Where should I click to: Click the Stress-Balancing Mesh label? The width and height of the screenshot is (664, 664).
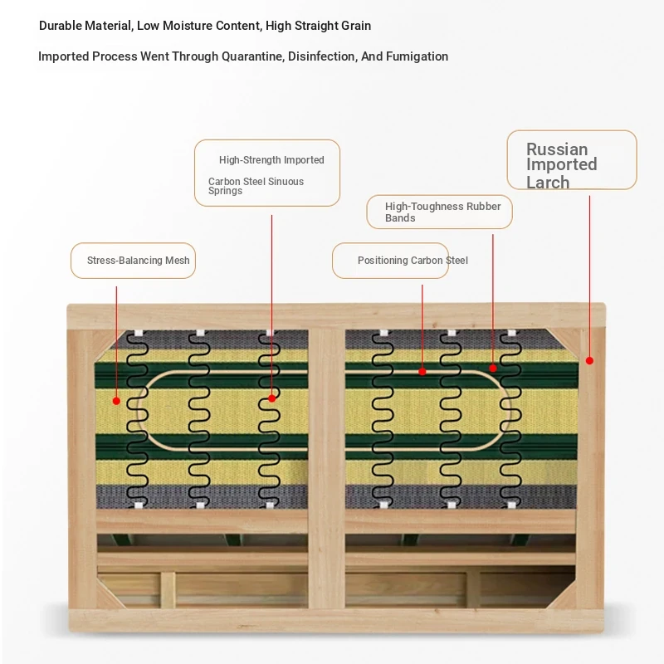point(133,261)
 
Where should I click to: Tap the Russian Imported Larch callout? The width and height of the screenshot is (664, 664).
point(572,160)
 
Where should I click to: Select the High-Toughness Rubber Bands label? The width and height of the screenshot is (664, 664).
point(439,212)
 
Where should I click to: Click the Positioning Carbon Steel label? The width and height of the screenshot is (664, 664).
point(390,261)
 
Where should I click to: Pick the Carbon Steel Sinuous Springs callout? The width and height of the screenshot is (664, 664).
point(266,173)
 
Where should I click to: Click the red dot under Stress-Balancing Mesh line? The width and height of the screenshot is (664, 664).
point(116,401)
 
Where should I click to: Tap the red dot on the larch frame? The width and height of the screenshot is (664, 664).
point(589,361)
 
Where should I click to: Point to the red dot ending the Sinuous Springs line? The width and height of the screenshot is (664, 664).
point(272,398)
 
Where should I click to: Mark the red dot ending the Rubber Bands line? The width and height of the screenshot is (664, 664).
point(492,368)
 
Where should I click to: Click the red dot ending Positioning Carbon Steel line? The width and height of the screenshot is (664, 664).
point(422,371)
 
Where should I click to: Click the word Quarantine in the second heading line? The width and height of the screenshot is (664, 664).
point(252,56)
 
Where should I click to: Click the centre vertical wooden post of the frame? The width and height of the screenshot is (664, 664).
point(326,468)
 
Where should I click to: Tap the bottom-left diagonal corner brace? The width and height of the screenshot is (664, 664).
point(110,594)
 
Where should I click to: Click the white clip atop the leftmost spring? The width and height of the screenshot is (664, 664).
point(139,334)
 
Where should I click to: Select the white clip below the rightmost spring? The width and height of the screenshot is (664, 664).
point(511,505)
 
